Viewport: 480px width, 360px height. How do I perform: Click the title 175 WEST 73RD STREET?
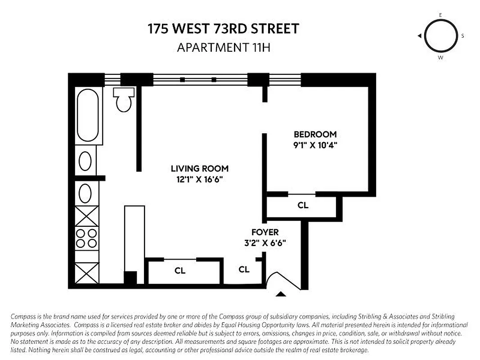(x=223, y=29)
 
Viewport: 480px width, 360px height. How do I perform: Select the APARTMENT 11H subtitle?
(x=223, y=47)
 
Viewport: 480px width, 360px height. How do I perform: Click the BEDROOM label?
(x=315, y=134)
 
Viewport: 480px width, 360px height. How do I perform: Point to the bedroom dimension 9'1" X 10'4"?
(x=315, y=145)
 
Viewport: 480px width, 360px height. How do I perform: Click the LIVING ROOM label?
(x=200, y=169)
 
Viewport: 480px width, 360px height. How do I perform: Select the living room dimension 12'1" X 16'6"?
(x=200, y=180)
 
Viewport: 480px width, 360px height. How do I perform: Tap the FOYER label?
(x=265, y=232)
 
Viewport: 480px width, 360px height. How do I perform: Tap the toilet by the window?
(x=124, y=99)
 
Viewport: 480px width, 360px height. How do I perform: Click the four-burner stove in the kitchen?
(x=86, y=238)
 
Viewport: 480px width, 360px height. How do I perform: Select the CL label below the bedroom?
(x=303, y=205)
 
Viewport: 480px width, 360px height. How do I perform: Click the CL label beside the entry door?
(x=244, y=269)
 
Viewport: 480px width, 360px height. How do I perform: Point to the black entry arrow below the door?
(x=281, y=294)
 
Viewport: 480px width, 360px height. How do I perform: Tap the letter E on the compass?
(x=440, y=15)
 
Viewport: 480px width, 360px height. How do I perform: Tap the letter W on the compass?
(x=440, y=58)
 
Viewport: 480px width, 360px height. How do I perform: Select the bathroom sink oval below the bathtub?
(x=85, y=160)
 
